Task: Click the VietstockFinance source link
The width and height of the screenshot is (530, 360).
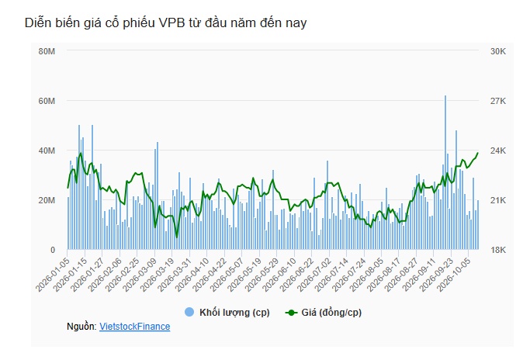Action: [x=134, y=327]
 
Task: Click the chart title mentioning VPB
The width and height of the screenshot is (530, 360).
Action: [x=165, y=22]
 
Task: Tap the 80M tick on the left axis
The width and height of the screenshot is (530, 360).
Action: [x=47, y=51]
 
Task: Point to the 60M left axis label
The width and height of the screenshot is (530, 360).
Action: [x=47, y=101]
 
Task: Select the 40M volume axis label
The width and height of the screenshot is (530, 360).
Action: [x=47, y=151]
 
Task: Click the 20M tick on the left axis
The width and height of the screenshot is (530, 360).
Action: [x=47, y=200]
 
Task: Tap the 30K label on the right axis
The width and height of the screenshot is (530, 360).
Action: [x=498, y=51]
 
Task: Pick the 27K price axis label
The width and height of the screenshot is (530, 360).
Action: [x=498, y=101]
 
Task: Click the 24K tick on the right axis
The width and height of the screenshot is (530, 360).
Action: [x=498, y=151]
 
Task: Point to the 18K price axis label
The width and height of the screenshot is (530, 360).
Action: [x=498, y=250]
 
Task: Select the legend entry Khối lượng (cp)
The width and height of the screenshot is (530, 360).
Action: [x=234, y=313]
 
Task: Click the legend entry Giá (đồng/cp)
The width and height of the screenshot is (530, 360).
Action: [x=331, y=313]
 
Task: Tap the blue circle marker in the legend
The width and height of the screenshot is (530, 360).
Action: [x=189, y=312]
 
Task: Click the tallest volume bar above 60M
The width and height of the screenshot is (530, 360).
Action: [x=445, y=172]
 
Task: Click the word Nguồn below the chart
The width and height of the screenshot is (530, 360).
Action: [x=81, y=327]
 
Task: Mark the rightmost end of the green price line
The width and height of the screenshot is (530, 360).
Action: [x=477, y=153]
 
